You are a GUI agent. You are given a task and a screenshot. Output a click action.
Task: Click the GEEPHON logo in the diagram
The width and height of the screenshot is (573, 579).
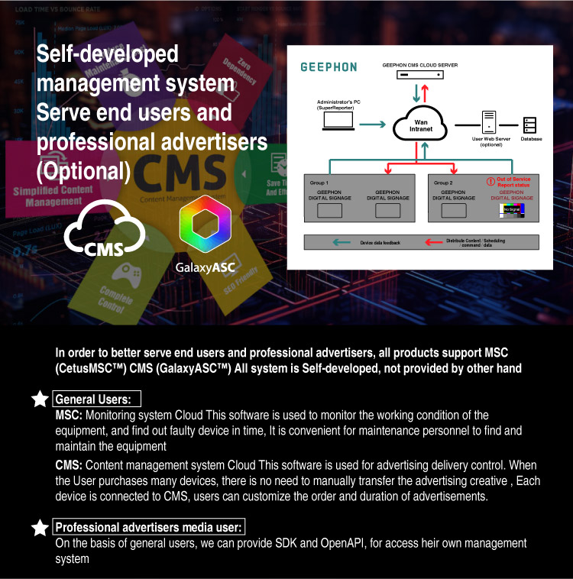(x=329, y=67)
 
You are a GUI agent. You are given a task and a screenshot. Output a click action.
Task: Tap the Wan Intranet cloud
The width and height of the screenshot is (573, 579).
(x=421, y=125)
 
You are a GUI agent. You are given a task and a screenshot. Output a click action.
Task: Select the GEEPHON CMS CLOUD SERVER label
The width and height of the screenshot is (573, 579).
(x=420, y=66)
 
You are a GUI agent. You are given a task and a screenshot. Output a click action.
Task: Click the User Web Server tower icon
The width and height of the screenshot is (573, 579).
(x=490, y=122)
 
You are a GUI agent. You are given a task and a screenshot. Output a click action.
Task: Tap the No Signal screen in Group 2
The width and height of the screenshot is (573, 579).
(x=512, y=209)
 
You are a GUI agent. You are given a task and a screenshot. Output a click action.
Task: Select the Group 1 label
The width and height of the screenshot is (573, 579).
(x=320, y=183)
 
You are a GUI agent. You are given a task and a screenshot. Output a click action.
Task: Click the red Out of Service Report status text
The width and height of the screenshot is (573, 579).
(x=513, y=182)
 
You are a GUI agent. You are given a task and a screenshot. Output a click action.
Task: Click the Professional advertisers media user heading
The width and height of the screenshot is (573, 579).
(x=149, y=527)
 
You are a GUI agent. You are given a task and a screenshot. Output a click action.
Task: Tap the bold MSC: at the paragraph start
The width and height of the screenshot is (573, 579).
(x=69, y=416)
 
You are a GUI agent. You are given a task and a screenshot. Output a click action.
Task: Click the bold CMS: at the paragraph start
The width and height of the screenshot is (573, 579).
(x=69, y=465)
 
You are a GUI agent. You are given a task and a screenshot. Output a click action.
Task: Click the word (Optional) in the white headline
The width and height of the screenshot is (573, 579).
(x=83, y=170)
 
